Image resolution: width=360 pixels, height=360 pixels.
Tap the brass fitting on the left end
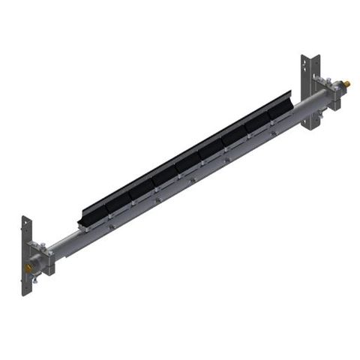click(x=29, y=266)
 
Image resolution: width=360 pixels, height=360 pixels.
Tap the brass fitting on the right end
click(x=346, y=82)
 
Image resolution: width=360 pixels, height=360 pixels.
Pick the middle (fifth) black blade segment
click(x=187, y=159)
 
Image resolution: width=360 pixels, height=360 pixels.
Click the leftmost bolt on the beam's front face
click(x=111, y=222)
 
